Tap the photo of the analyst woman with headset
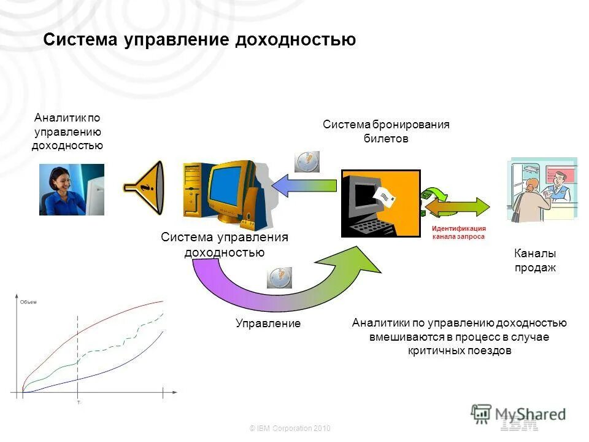pyautogui.click(x=72, y=189)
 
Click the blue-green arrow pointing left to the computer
pyautogui.click(x=304, y=186)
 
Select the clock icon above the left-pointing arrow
pyautogui.click(x=307, y=161)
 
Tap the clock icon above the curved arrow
pyautogui.click(x=280, y=277)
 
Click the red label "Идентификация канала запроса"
pyautogui.click(x=458, y=232)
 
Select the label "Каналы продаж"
pyautogui.click(x=534, y=260)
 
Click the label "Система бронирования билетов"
pyautogui.click(x=386, y=131)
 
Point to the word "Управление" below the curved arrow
pyautogui.click(x=268, y=324)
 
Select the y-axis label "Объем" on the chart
pyautogui.click(x=29, y=301)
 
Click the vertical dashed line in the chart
pyautogui.click(x=78, y=356)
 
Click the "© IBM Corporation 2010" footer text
pyautogui.click(x=290, y=428)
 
